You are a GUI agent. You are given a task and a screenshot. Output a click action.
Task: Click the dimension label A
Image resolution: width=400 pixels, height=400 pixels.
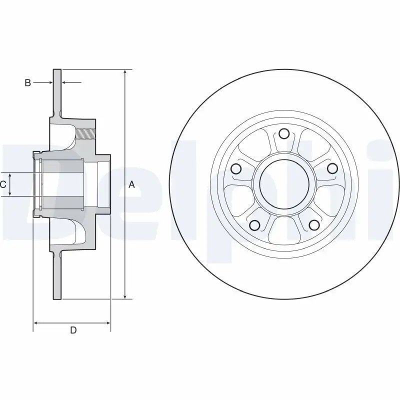click(132, 184)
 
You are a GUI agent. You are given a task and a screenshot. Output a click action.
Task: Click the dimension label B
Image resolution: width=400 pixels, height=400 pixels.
click(28, 82)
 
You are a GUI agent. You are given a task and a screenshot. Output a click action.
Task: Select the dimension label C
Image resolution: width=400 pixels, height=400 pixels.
click(3, 184)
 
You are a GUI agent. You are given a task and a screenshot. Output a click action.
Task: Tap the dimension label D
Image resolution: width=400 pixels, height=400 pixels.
click(73, 330)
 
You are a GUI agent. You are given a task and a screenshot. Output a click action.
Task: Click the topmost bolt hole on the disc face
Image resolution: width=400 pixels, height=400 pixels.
click(284, 133)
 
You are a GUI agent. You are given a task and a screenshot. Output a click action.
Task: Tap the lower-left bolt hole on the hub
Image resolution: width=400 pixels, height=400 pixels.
click(254, 225)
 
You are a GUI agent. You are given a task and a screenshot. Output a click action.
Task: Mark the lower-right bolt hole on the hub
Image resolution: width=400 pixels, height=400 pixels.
click(313, 225)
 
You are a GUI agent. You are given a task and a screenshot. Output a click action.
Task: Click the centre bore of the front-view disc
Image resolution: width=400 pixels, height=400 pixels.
click(284, 184)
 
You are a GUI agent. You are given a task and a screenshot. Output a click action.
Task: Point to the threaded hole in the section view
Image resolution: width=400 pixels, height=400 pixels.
click(86, 133)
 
